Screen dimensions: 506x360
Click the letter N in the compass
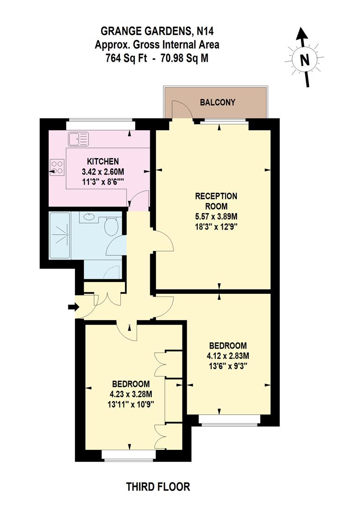[x=305, y=60]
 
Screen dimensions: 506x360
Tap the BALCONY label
[x=217, y=102]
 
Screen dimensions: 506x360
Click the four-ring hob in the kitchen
[x=57, y=167]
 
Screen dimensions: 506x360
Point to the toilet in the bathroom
[x=111, y=227]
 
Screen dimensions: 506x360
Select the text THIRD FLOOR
[x=158, y=487]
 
